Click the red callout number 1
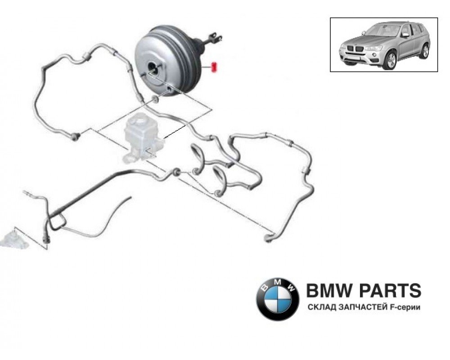pyautogui.click(x=213, y=67)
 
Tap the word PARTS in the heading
pyautogui.click(x=390, y=291)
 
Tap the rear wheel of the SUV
pyautogui.click(x=424, y=52)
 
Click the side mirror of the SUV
pyautogui.click(x=405, y=35)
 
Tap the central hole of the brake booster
pyautogui.click(x=152, y=68)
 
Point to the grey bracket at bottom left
pyautogui.click(x=14, y=239)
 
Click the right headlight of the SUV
pyautogui.click(x=373, y=48)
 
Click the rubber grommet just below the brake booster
pyautogui.click(x=155, y=99)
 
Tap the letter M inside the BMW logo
pyautogui.click(x=278, y=283)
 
